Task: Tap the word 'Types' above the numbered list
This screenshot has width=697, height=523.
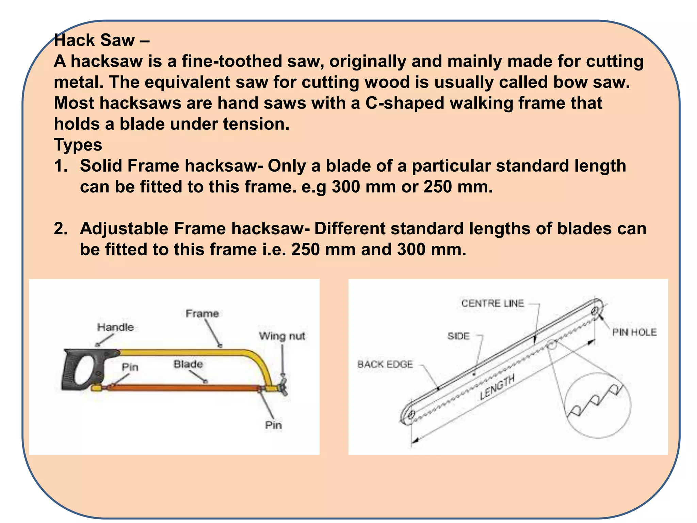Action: [78, 145]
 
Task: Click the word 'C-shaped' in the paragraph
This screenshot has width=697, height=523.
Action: [405, 103]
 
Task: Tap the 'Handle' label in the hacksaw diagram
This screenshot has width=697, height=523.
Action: [115, 327]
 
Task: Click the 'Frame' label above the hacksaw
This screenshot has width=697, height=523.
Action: [202, 313]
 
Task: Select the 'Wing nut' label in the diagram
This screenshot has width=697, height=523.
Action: [282, 336]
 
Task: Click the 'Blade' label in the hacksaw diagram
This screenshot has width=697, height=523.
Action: [188, 364]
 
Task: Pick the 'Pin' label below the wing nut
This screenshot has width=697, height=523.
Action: [273, 425]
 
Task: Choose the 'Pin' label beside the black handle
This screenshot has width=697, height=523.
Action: [130, 367]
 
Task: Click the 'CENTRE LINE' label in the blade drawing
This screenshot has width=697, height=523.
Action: [492, 303]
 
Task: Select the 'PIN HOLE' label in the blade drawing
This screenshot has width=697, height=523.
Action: [634, 332]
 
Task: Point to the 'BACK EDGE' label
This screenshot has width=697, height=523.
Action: [385, 364]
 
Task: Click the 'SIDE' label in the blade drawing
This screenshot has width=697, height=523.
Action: [458, 336]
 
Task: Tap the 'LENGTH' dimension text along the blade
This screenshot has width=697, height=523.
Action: [497, 387]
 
